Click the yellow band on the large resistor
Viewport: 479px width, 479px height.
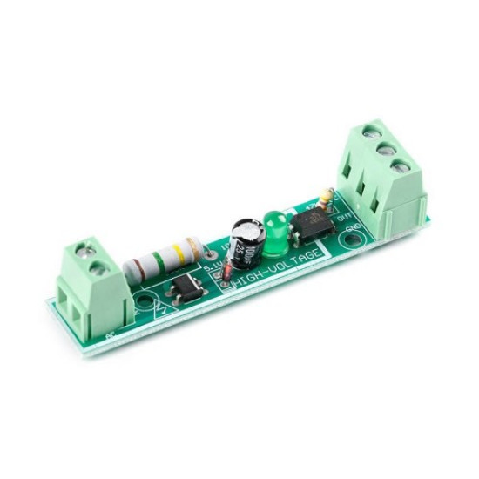179,253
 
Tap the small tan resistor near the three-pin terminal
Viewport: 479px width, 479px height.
323,198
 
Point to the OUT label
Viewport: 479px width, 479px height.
344,217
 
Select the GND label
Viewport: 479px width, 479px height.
354,229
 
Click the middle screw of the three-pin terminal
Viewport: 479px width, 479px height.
380,149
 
